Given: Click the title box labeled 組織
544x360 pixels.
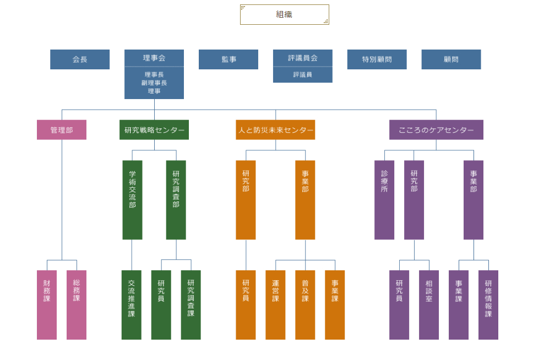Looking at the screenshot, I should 284,15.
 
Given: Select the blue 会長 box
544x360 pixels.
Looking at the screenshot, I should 80,59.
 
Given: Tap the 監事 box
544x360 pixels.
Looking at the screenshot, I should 229,59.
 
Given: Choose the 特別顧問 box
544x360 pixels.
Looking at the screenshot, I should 377,59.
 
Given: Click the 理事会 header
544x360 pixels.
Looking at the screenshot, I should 154,58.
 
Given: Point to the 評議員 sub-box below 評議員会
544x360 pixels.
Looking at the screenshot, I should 303,75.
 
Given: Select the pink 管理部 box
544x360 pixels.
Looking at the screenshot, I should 62,130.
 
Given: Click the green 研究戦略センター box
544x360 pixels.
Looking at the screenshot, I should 154,130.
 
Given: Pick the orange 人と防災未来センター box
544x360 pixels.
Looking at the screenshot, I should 275,130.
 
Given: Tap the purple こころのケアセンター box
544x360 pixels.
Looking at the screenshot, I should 436,130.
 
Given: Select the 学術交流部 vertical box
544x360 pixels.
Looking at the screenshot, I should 132,200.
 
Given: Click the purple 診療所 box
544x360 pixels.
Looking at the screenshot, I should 384,200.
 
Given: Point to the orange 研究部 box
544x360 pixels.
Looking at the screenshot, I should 246,200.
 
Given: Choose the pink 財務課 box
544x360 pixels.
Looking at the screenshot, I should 47,305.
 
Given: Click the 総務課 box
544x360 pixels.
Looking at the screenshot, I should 77,305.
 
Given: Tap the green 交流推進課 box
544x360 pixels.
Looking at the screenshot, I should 132,305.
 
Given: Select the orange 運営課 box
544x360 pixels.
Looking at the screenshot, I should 275,305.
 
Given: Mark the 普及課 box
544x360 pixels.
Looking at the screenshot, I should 305,305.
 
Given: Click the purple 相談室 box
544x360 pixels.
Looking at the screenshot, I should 429,305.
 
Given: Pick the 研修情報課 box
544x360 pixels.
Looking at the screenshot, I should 488,305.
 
